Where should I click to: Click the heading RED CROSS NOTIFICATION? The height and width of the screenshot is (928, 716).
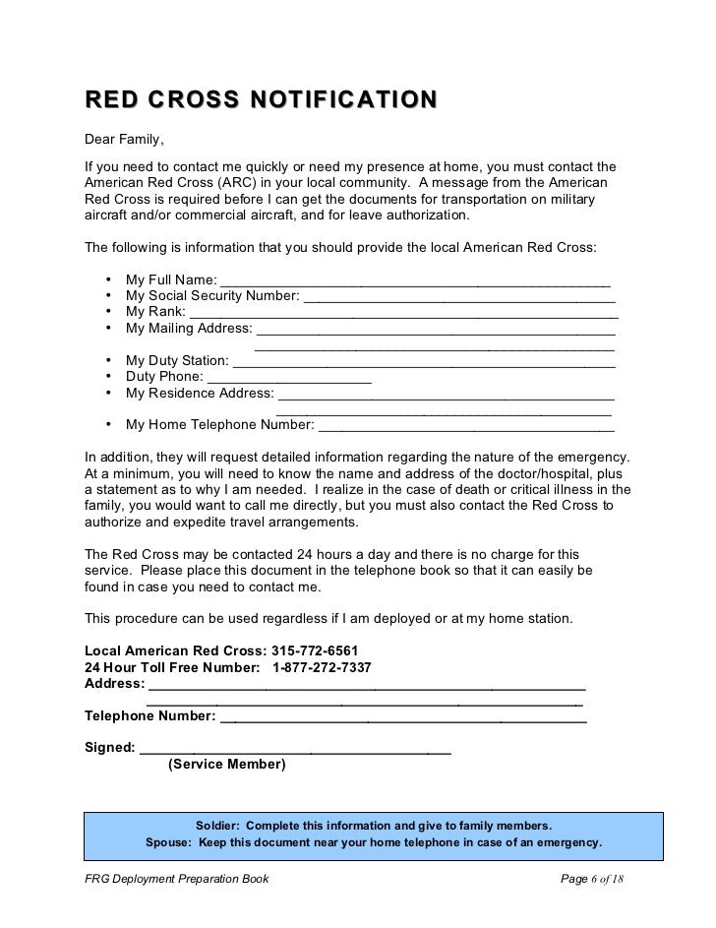coord(261,99)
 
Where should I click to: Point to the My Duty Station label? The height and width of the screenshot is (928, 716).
coord(177,360)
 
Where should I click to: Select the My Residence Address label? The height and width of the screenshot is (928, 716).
coord(200,394)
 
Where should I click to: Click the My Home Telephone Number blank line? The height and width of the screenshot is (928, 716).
coord(466,426)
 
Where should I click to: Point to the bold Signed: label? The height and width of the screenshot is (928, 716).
coord(110,747)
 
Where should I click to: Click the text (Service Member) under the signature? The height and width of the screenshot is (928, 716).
coord(227,764)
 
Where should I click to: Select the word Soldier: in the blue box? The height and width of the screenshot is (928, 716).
coord(223,826)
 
